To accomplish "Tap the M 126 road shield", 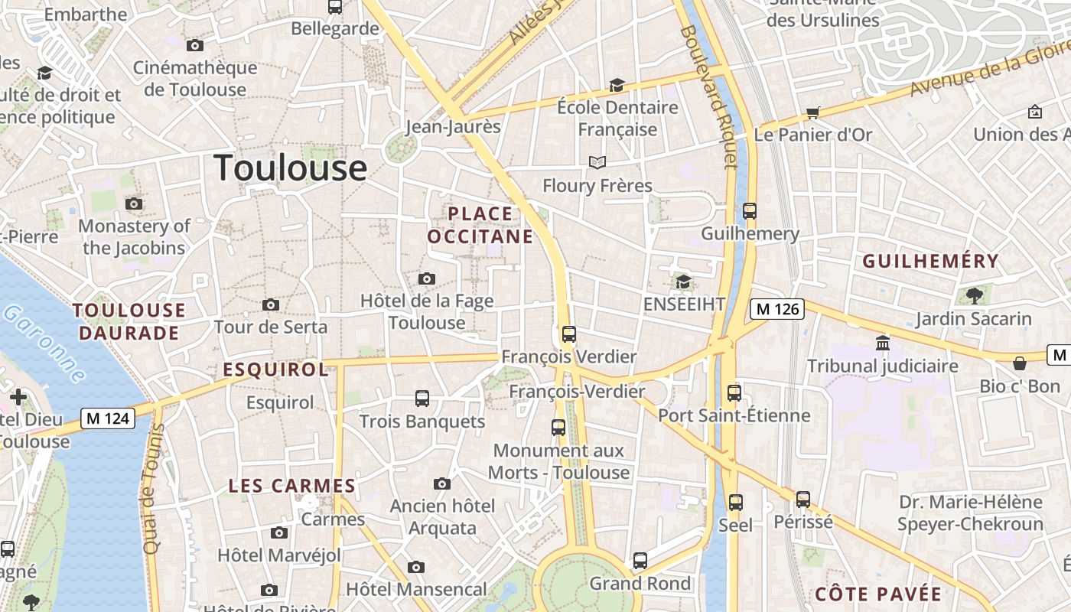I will pos(776,309).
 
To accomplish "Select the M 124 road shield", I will pos(108,418).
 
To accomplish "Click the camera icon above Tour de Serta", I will pos(270,305).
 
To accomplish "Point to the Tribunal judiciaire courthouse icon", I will pos(883,343).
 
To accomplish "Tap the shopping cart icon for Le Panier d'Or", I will pos(812,113).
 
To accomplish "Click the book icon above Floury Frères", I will pos(597,163).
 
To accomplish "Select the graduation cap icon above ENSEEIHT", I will pos(683,282).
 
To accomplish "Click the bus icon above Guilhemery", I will pos(750,211).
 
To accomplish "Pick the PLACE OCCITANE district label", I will pos(480,225).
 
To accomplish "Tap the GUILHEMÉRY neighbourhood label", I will pos(931,262).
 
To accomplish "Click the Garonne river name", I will pos(44,344).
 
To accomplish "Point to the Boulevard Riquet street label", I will pos(707,96).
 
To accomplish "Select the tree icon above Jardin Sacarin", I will pos(974,295).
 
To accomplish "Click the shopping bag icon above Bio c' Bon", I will pos(1019,363).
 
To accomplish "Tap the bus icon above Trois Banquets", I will pos(422,399).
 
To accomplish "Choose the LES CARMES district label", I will pos(292,486).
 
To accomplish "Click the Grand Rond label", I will pos(640,584).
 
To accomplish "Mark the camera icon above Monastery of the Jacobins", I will pos(134,203).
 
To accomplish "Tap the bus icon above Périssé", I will pos(803,500).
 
